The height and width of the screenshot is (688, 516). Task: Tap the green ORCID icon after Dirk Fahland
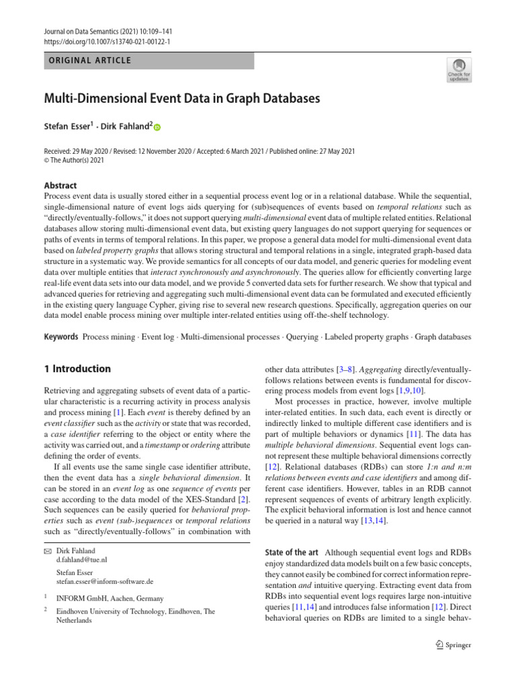[158, 126]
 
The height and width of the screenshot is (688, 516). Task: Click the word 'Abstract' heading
[59, 185]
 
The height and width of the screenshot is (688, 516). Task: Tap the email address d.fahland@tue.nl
[81, 558]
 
